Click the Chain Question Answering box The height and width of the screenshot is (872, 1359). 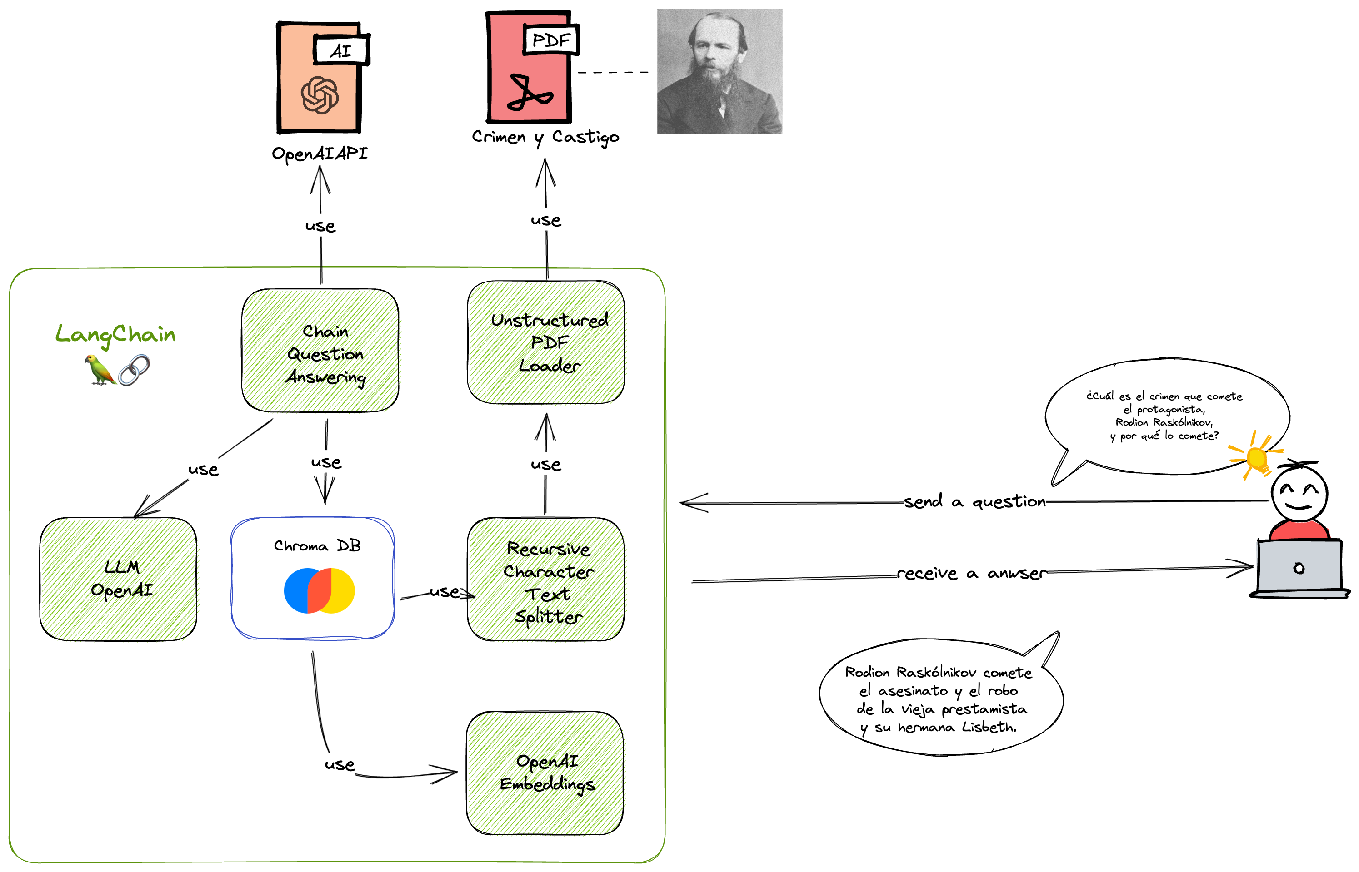click(320, 351)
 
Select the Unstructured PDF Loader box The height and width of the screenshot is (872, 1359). click(545, 342)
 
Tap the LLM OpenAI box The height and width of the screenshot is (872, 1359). click(118, 579)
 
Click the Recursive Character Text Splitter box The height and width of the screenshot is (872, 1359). click(545, 579)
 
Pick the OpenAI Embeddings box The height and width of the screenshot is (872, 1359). click(545, 773)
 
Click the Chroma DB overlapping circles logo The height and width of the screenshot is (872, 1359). click(319, 590)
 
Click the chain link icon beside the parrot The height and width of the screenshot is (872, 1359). click(134, 370)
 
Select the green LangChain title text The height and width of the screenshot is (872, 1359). click(115, 335)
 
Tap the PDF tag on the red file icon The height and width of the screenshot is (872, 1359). click(550, 40)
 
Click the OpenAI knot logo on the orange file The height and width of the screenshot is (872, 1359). click(320, 94)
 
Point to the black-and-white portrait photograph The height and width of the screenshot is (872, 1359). click(719, 71)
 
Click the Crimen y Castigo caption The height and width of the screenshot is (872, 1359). click(545, 138)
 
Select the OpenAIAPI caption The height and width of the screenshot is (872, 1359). click(320, 154)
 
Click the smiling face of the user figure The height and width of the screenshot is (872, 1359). click(1299, 493)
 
